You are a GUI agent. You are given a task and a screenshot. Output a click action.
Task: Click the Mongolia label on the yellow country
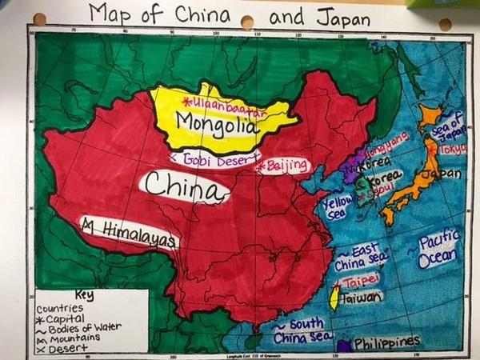[218, 125]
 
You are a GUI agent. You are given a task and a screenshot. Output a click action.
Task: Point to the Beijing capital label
[284, 166]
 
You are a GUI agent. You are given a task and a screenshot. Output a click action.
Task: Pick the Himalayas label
[129, 230]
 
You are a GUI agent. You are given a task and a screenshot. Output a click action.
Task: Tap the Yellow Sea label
[337, 207]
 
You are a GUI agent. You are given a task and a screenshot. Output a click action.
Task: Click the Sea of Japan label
[448, 126]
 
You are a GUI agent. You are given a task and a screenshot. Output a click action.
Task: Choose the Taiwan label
[360, 298]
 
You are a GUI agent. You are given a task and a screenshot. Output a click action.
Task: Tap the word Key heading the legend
[83, 294]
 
